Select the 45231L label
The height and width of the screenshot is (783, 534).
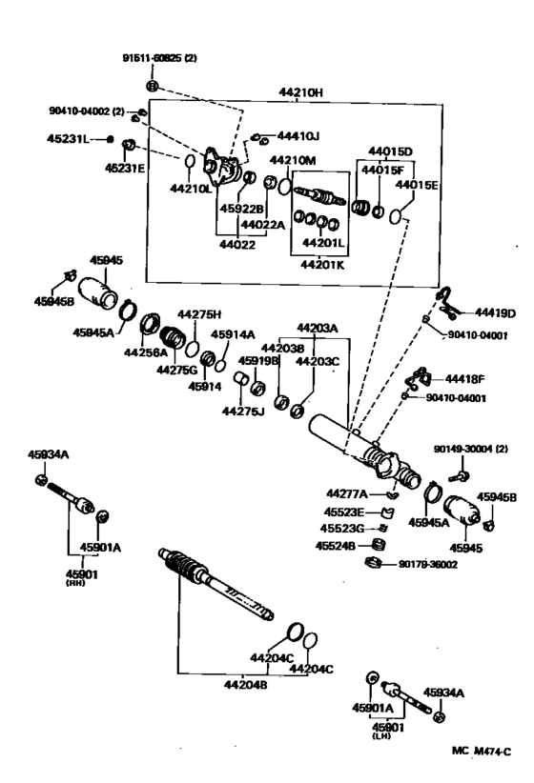[x=69, y=139]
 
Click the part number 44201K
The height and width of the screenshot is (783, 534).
[x=322, y=264]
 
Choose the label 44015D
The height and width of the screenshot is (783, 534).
[x=391, y=151]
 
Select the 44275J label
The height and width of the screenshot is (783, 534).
[x=243, y=411]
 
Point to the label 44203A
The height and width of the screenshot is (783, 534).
[x=317, y=326]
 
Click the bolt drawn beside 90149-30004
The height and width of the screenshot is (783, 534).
[x=462, y=470]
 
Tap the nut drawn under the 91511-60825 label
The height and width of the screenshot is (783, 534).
[x=154, y=87]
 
